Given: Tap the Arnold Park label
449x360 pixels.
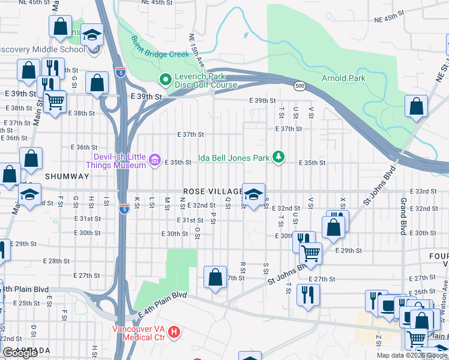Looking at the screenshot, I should pos(343,78).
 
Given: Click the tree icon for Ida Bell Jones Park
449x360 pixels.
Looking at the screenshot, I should pos(278,157).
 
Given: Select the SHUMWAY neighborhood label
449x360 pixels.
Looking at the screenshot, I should pos(67,176).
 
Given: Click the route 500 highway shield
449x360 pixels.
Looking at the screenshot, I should pos(298,87).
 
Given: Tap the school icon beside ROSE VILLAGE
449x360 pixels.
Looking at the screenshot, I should pos(253,194).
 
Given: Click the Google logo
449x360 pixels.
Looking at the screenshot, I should pos(20,353).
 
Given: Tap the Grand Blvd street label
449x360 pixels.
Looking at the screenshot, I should pos(403,217).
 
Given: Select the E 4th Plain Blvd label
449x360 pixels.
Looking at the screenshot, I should pos(162,304).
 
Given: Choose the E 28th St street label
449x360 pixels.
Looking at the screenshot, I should pos(59,261).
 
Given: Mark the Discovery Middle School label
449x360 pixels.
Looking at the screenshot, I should pos(42,49).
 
